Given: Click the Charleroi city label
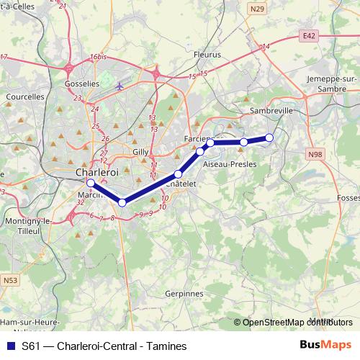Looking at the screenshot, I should pos(97,173).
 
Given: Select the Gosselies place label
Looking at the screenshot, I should pos(82,84).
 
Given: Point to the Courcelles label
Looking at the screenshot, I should pos(24,95).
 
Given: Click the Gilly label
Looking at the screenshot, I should pos(140,152).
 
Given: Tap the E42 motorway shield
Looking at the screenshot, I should pos(310,35).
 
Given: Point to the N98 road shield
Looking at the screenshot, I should pos(314,154).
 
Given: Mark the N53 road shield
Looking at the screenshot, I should pos(9,279).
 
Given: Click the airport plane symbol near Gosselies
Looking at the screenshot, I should pos(120,86).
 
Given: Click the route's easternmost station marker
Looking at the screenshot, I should pos(269,138).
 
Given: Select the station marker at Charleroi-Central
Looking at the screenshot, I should pos(91,183).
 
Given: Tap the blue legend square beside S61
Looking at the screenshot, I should pos(10,346).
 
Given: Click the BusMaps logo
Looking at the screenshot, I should pos(325,346).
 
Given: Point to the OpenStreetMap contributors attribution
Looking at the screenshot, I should pos(294,322).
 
